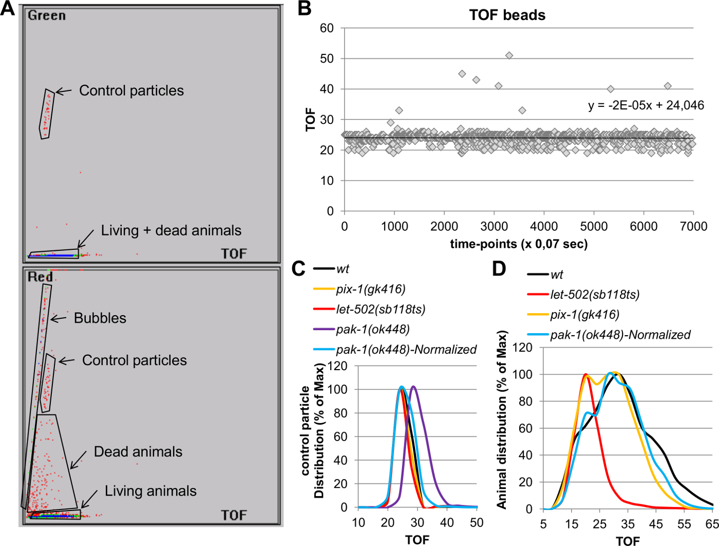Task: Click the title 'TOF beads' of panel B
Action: (x=507, y=15)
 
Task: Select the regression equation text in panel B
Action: (x=646, y=105)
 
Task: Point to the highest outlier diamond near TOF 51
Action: (x=509, y=56)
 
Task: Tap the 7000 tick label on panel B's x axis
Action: (x=693, y=226)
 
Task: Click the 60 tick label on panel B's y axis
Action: (x=327, y=28)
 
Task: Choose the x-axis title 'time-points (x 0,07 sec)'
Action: (x=519, y=244)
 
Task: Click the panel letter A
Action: (x=8, y=8)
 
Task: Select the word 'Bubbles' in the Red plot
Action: (x=100, y=318)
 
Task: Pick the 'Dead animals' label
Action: (x=138, y=452)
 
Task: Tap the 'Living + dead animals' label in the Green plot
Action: (x=171, y=230)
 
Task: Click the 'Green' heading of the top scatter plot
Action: (x=47, y=15)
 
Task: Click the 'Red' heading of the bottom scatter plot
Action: (x=40, y=277)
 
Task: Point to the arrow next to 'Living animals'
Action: (x=89, y=498)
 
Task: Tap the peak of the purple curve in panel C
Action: (x=413, y=387)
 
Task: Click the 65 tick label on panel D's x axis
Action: (x=712, y=524)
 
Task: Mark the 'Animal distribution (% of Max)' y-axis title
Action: (x=502, y=420)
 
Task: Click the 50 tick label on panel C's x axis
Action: (x=477, y=523)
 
